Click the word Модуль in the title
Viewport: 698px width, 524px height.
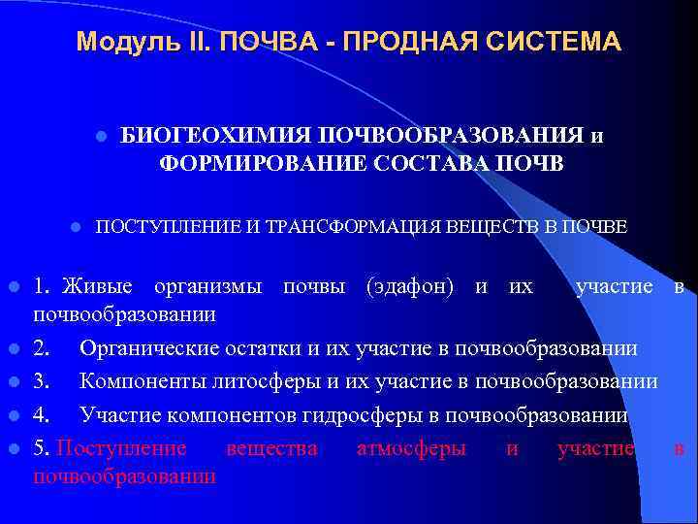coord(115,43)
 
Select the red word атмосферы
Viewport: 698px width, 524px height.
coord(411,448)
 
